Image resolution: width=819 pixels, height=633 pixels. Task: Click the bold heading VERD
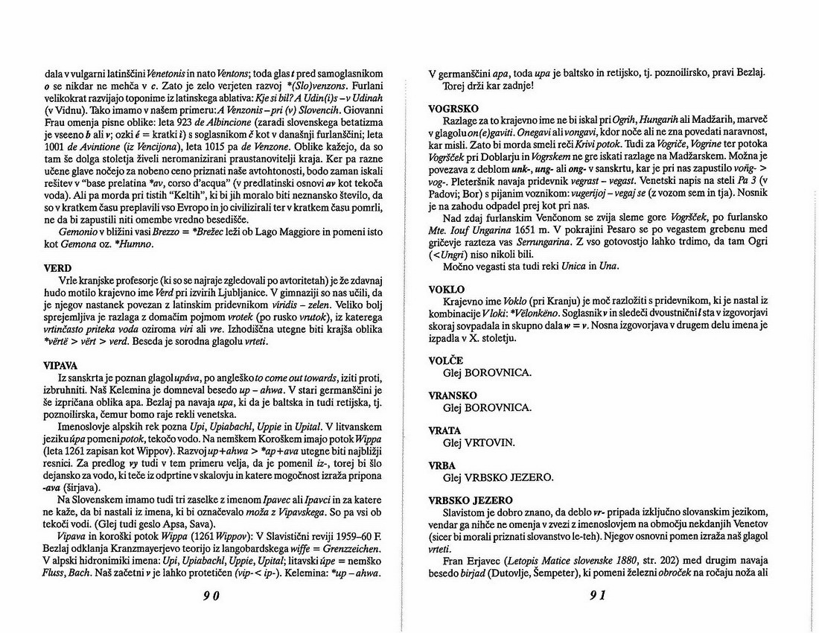click(58, 267)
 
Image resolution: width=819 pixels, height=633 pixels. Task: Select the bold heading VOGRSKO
click(453, 109)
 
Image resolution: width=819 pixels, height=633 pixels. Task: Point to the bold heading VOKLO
click(447, 289)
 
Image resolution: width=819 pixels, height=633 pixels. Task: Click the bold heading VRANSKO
click(453, 395)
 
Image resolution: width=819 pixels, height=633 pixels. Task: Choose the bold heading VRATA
click(445, 430)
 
